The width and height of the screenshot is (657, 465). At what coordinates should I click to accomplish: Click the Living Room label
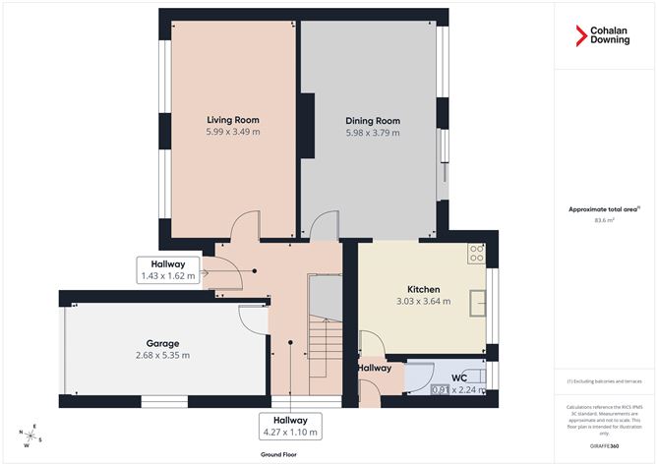(232, 120)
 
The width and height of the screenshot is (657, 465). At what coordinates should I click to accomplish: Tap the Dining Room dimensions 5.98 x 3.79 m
(372, 132)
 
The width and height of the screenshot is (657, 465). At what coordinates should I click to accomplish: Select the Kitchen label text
(423, 289)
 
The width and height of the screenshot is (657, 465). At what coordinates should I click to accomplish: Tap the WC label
(457, 378)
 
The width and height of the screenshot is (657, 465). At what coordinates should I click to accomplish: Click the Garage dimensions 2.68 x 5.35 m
(161, 355)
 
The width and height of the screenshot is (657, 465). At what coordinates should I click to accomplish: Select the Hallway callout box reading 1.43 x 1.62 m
(167, 270)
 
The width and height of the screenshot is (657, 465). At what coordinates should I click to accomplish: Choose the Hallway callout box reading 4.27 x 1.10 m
(291, 426)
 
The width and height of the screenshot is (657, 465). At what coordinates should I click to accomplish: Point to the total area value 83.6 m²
(605, 221)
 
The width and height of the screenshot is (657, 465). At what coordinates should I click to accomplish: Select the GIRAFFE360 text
(605, 446)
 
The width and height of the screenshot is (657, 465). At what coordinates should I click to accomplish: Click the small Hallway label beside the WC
(375, 368)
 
